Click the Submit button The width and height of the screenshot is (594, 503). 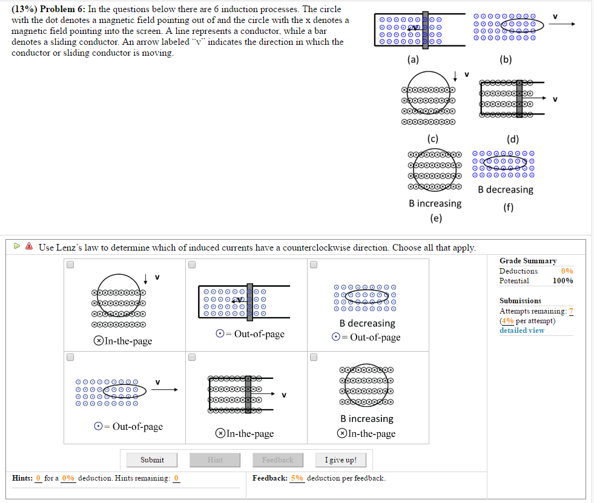(152, 460)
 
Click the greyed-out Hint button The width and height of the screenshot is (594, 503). (215, 460)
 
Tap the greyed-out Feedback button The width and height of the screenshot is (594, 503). (277, 460)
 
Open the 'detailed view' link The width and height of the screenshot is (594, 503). (521, 330)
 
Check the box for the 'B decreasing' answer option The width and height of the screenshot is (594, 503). (314, 265)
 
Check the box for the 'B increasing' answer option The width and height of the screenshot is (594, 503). (314, 357)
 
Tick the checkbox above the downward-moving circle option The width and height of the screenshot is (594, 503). (70, 265)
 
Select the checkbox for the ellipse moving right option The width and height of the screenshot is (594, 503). (70, 357)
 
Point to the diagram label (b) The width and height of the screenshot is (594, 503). (506, 59)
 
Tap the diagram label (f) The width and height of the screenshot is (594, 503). (508, 208)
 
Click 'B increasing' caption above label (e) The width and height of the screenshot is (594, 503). (435, 203)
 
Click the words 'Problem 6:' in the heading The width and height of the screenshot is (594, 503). (64, 10)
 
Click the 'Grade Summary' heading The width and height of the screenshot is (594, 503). (527, 261)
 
